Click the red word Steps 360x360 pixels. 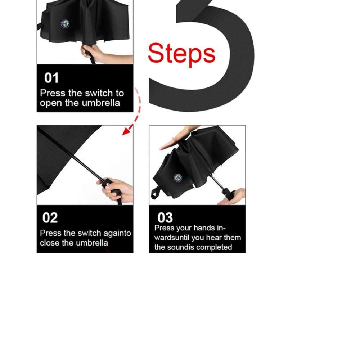click(181, 54)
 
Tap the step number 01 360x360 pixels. click(51, 78)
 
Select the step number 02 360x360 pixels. click(50, 218)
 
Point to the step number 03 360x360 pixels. click(165, 218)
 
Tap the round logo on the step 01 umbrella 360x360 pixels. click(65, 24)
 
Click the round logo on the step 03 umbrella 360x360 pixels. click(178, 178)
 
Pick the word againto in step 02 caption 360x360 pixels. click(117, 233)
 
